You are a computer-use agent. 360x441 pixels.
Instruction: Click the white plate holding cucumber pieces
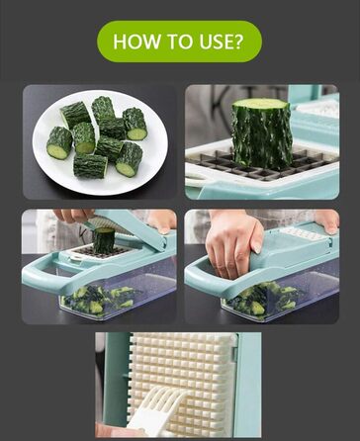click(x=100, y=142)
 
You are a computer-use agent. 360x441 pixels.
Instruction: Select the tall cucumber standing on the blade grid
click(x=261, y=133)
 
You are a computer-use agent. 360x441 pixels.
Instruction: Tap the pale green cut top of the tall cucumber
click(x=260, y=104)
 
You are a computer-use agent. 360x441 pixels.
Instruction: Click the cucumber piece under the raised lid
click(x=104, y=240)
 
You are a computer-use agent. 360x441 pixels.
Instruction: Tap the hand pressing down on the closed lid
click(x=233, y=242)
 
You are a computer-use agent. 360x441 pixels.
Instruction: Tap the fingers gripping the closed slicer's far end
click(x=327, y=220)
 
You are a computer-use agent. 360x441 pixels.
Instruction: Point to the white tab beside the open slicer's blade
click(x=76, y=259)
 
